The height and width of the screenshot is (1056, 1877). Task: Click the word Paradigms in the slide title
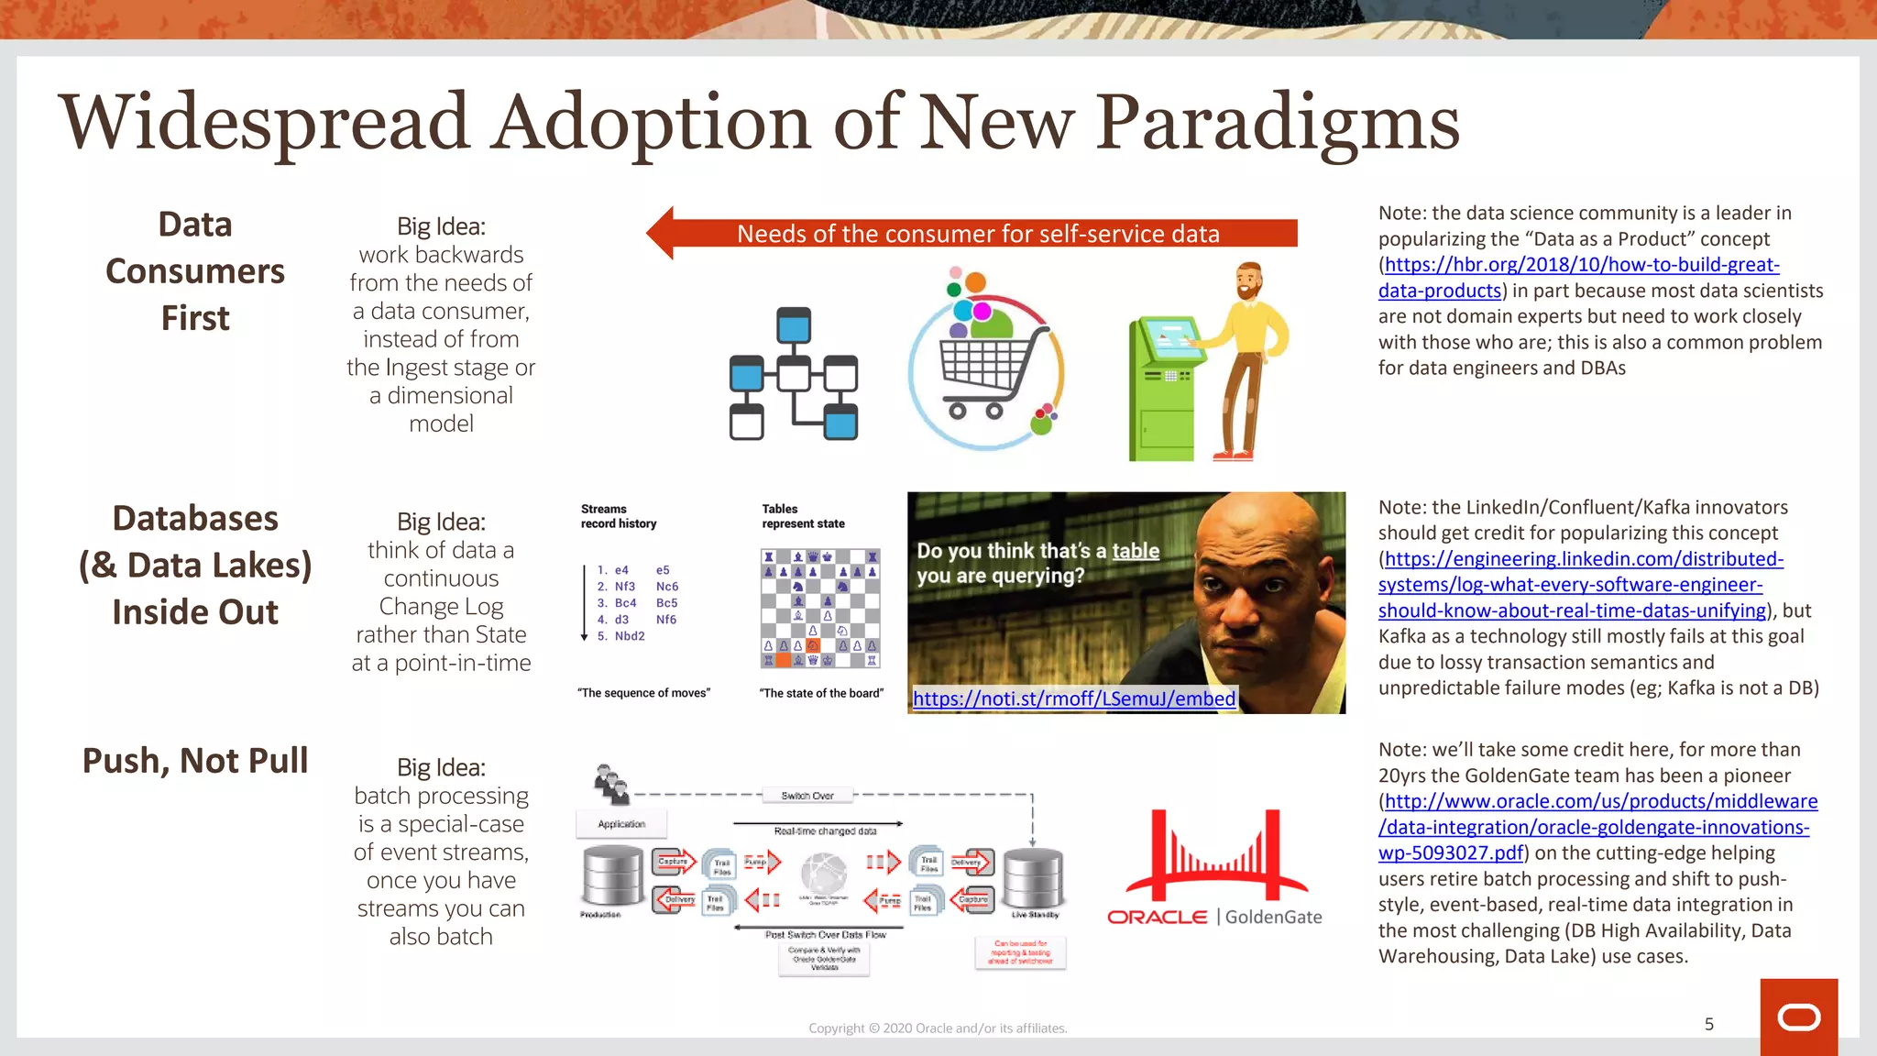(1278, 124)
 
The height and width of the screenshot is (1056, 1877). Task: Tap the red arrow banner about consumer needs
(977, 234)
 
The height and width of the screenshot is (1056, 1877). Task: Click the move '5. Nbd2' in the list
(621, 636)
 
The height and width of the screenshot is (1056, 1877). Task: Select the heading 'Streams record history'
(618, 516)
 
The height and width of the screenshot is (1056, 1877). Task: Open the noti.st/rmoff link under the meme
(1073, 699)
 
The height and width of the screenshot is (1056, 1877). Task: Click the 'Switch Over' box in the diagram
(807, 796)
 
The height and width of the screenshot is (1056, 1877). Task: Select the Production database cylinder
(612, 876)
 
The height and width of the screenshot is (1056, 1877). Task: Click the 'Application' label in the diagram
(621, 824)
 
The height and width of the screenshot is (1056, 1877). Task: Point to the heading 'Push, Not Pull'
(195, 761)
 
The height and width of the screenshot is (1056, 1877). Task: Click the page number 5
(1708, 1024)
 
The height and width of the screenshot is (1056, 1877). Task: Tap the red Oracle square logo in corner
(1798, 1017)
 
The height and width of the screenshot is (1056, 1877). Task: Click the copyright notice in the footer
(937, 1028)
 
